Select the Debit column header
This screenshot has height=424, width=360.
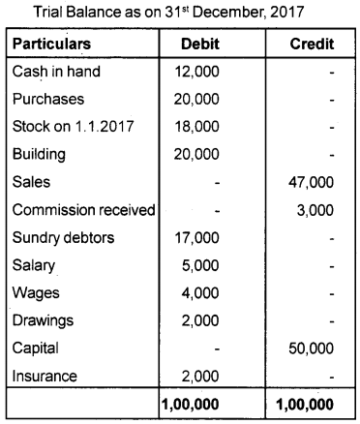(x=203, y=45)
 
